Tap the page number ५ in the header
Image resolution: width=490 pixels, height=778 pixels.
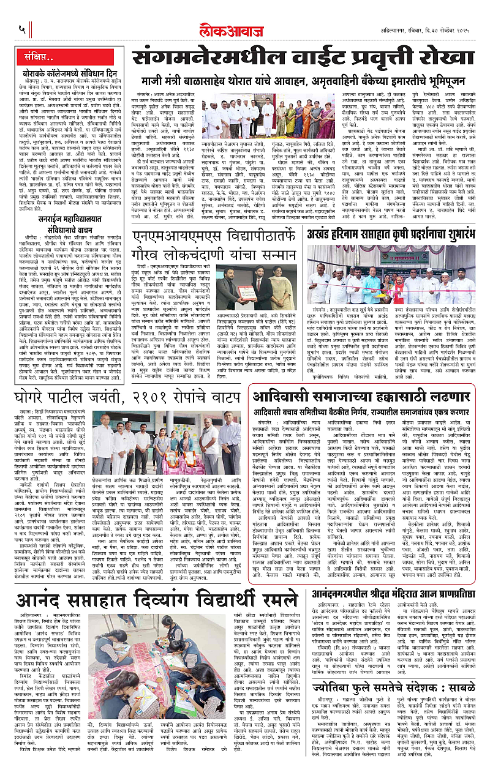pyautogui.click(x=22, y=29)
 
